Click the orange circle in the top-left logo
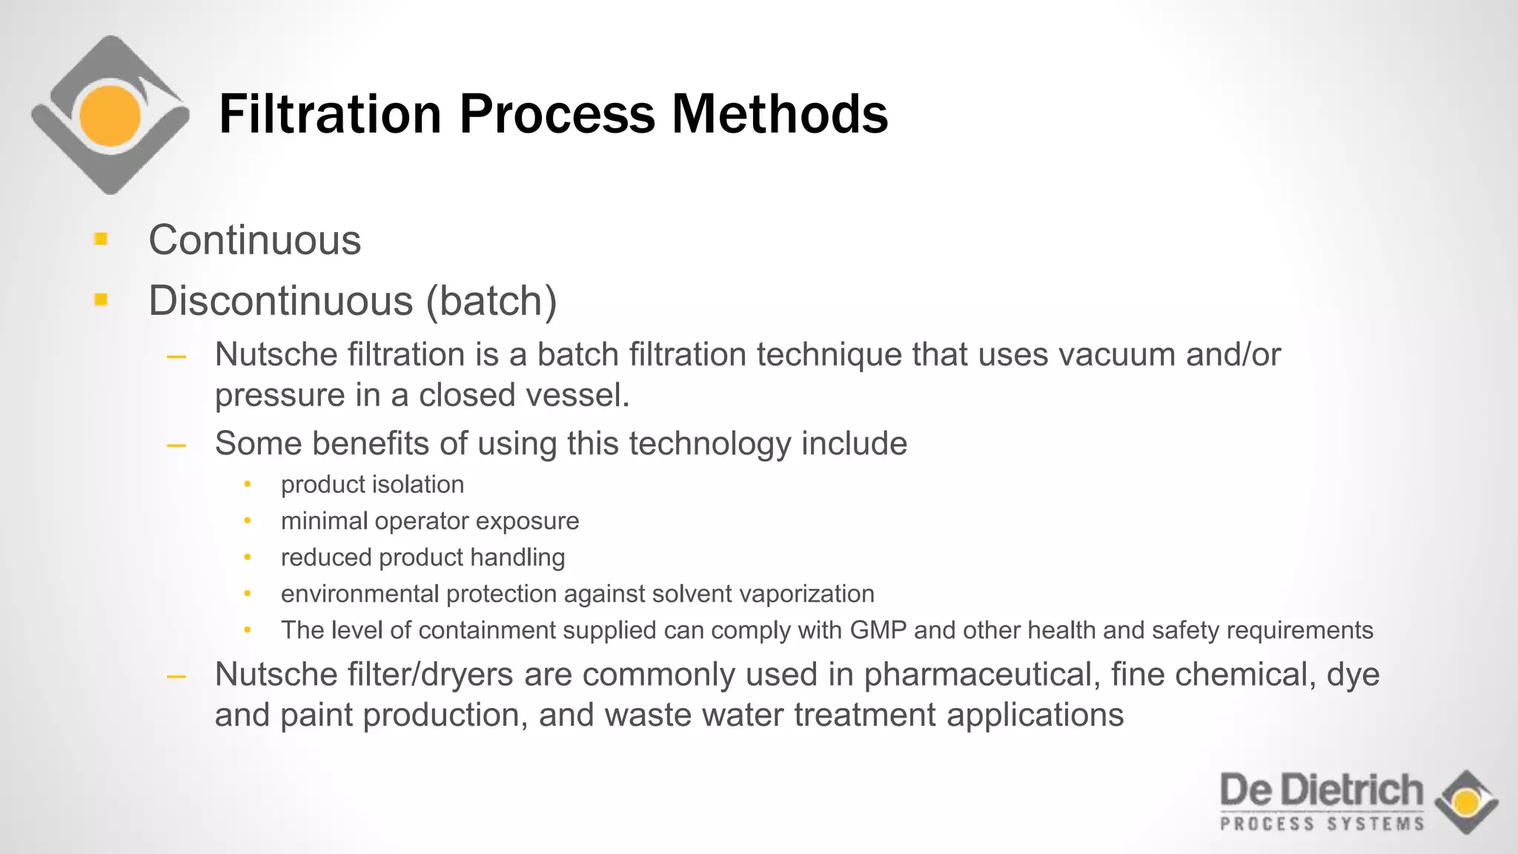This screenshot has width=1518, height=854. click(x=110, y=116)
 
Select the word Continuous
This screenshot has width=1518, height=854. click(x=254, y=240)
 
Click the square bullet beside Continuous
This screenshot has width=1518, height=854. click(x=102, y=239)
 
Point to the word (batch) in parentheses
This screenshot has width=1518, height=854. click(x=491, y=301)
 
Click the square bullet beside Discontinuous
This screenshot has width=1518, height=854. click(x=102, y=299)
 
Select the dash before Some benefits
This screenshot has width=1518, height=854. click(x=176, y=446)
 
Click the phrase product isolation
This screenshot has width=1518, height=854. click(x=372, y=485)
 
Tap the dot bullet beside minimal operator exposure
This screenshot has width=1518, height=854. click(x=248, y=521)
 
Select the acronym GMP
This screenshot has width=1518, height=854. click(x=878, y=630)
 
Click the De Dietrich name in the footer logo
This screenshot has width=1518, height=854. click(x=1322, y=790)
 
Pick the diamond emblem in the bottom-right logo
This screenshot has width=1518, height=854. click(x=1466, y=802)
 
